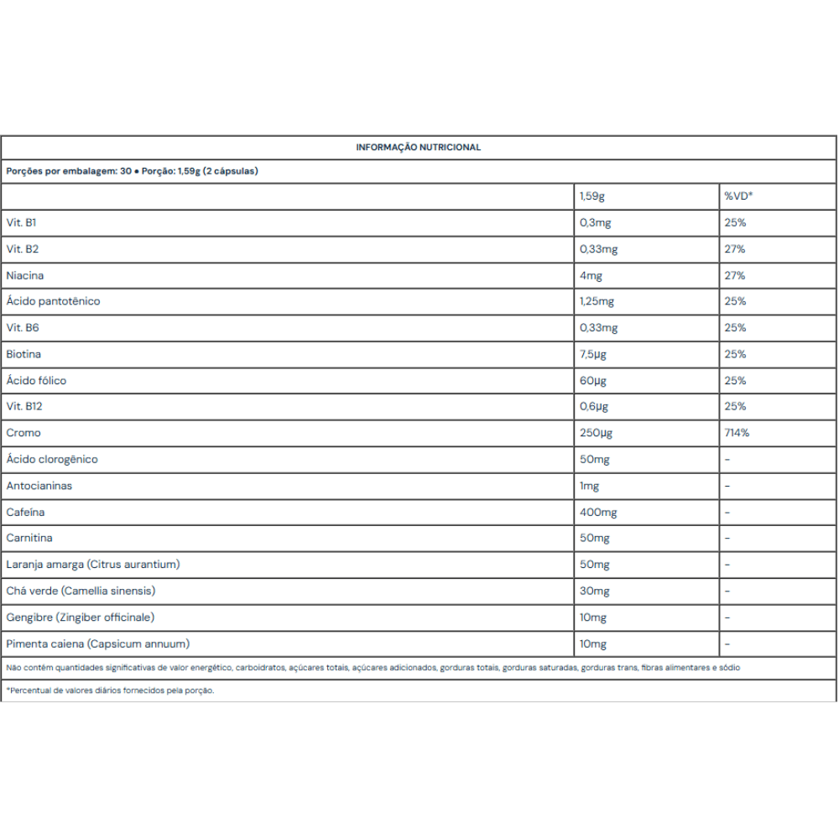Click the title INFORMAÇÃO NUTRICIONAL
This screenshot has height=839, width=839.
click(x=418, y=147)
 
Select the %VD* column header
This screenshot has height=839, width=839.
click(x=738, y=196)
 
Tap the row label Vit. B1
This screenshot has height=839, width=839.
click(x=21, y=223)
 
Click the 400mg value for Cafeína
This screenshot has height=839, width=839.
click(x=598, y=512)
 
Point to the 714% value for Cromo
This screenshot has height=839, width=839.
click(x=737, y=433)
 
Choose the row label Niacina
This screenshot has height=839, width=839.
click(x=25, y=275)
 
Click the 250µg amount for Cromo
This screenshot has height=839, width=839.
click(x=597, y=433)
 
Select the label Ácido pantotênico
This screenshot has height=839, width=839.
click(x=53, y=301)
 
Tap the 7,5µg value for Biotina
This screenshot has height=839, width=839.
click(x=593, y=354)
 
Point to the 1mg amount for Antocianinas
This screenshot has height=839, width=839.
click(x=590, y=486)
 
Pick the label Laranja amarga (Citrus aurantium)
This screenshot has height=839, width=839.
click(x=93, y=565)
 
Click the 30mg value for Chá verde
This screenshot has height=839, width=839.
click(x=594, y=591)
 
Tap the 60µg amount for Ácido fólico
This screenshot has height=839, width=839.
click(x=592, y=380)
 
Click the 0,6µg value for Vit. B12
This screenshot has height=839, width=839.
click(x=593, y=407)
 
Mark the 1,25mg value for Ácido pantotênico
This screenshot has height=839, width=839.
click(x=598, y=301)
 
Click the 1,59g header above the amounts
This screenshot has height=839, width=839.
click(x=591, y=196)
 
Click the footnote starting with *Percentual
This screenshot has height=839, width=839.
click(x=111, y=690)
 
